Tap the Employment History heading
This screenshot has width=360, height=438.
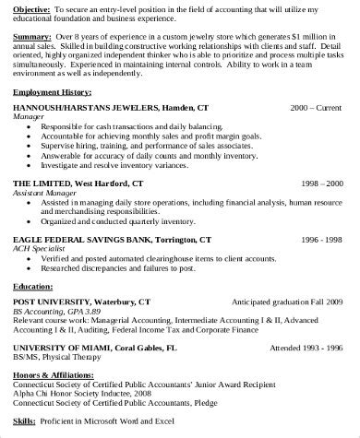[54, 95]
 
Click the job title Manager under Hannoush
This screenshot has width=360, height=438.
[29, 118]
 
